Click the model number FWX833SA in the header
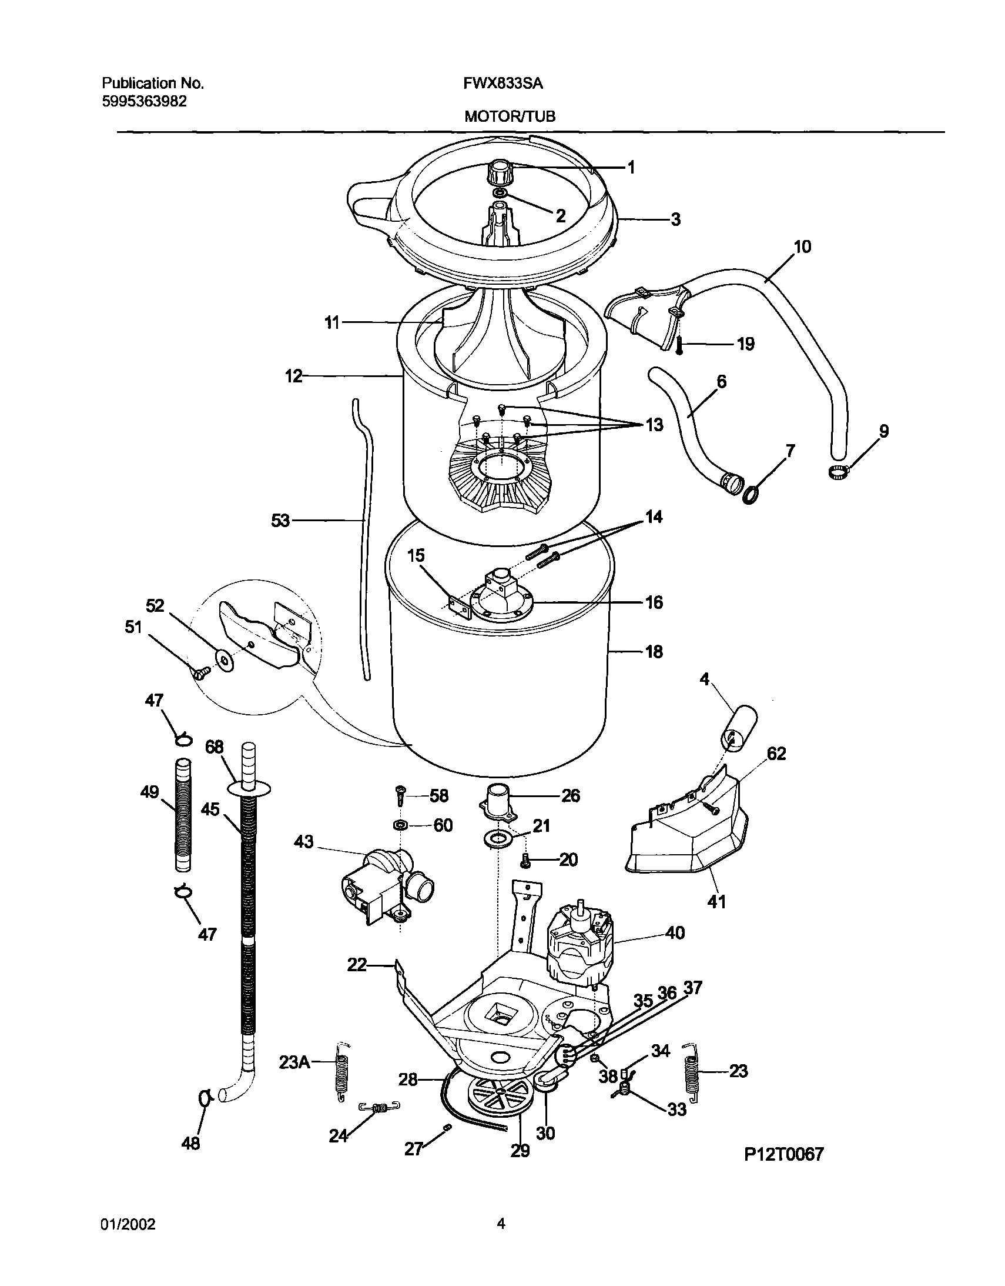coord(503,84)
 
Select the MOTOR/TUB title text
coord(510,116)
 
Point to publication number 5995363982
coord(144,101)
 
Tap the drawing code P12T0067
coord(784,1154)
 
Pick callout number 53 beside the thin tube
coord(281,521)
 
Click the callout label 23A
coord(294,1062)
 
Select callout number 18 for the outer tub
coord(654,651)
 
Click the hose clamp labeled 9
coord(837,471)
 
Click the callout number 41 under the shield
coord(716,901)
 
